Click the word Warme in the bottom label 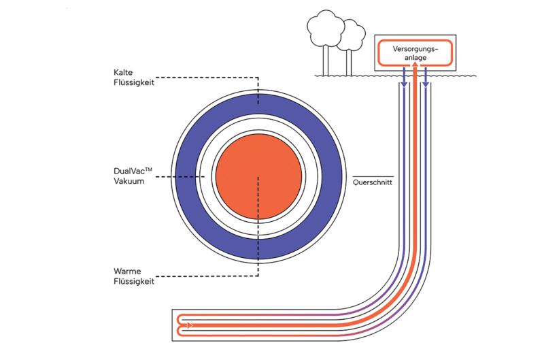(x=128, y=270)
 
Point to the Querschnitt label (x=373, y=182)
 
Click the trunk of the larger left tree (x=326, y=60)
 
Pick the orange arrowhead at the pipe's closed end (x=190, y=325)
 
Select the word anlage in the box (x=414, y=58)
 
